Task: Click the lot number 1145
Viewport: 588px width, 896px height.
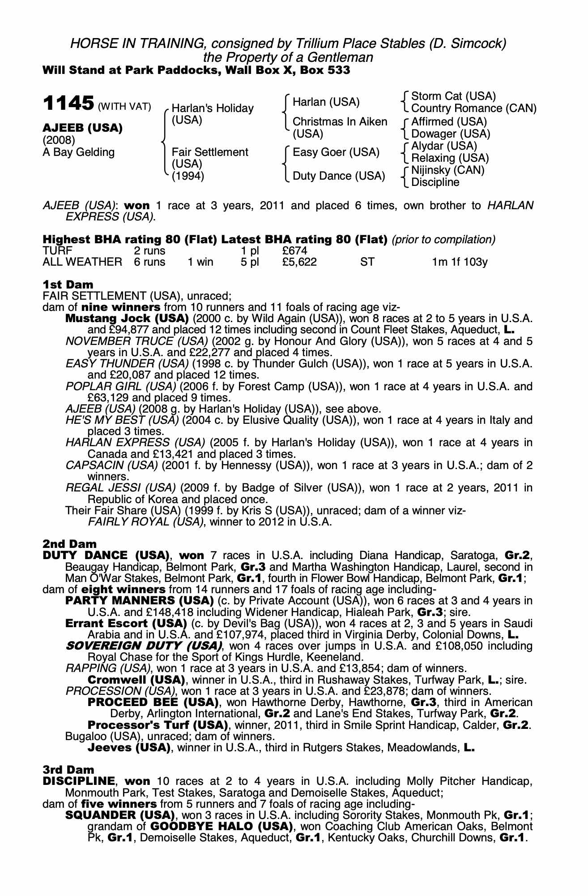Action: tap(68, 103)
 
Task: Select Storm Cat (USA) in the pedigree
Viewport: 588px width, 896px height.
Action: tap(453, 96)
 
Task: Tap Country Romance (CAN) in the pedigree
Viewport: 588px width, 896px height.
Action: tap(473, 108)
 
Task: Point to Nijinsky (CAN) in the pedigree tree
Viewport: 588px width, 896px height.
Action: tap(448, 170)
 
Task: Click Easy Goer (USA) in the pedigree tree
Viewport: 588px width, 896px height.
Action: tap(336, 152)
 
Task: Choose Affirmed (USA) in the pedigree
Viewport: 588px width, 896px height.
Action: tap(449, 122)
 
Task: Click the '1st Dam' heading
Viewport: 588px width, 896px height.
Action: tap(68, 284)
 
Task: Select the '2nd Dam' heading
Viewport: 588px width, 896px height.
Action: tap(69, 544)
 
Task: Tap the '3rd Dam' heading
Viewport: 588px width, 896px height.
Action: tap(68, 770)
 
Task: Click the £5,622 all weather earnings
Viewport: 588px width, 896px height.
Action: tap(299, 262)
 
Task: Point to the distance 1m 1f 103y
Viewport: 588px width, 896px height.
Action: tap(460, 262)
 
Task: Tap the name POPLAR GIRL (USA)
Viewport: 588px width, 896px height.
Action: tap(121, 386)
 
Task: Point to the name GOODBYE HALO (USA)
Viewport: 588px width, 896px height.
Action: tap(222, 826)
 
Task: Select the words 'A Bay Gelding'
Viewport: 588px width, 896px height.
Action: tap(79, 152)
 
